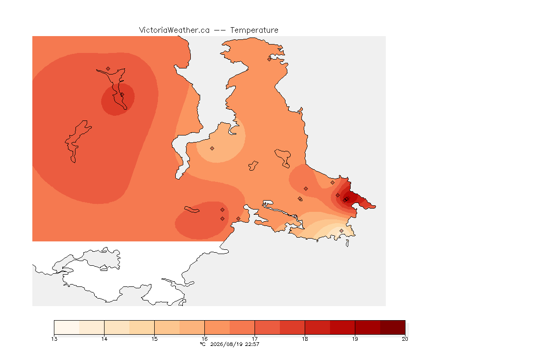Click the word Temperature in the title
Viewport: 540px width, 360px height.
(254, 30)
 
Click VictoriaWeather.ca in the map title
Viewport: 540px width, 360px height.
(174, 30)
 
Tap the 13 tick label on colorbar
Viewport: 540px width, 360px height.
(54, 339)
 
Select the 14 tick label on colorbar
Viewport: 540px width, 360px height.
(105, 339)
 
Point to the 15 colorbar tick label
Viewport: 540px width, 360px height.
(154, 339)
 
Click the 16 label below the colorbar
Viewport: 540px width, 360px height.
(204, 339)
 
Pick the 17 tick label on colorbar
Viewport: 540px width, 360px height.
(255, 339)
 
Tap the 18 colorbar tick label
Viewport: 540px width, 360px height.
(305, 339)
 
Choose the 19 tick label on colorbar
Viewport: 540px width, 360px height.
(355, 339)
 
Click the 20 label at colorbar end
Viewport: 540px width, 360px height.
(405, 339)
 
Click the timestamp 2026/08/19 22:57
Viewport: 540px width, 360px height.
(234, 344)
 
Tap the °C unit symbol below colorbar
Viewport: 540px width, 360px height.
(203, 344)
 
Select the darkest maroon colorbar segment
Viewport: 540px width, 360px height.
(393, 327)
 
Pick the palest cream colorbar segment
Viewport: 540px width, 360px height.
(67, 327)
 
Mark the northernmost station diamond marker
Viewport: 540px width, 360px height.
(270, 59)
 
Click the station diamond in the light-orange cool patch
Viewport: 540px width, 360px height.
(212, 149)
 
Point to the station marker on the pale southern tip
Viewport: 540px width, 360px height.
(341, 231)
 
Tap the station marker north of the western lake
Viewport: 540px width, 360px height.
(108, 69)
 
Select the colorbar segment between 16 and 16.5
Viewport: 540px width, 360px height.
(217, 327)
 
